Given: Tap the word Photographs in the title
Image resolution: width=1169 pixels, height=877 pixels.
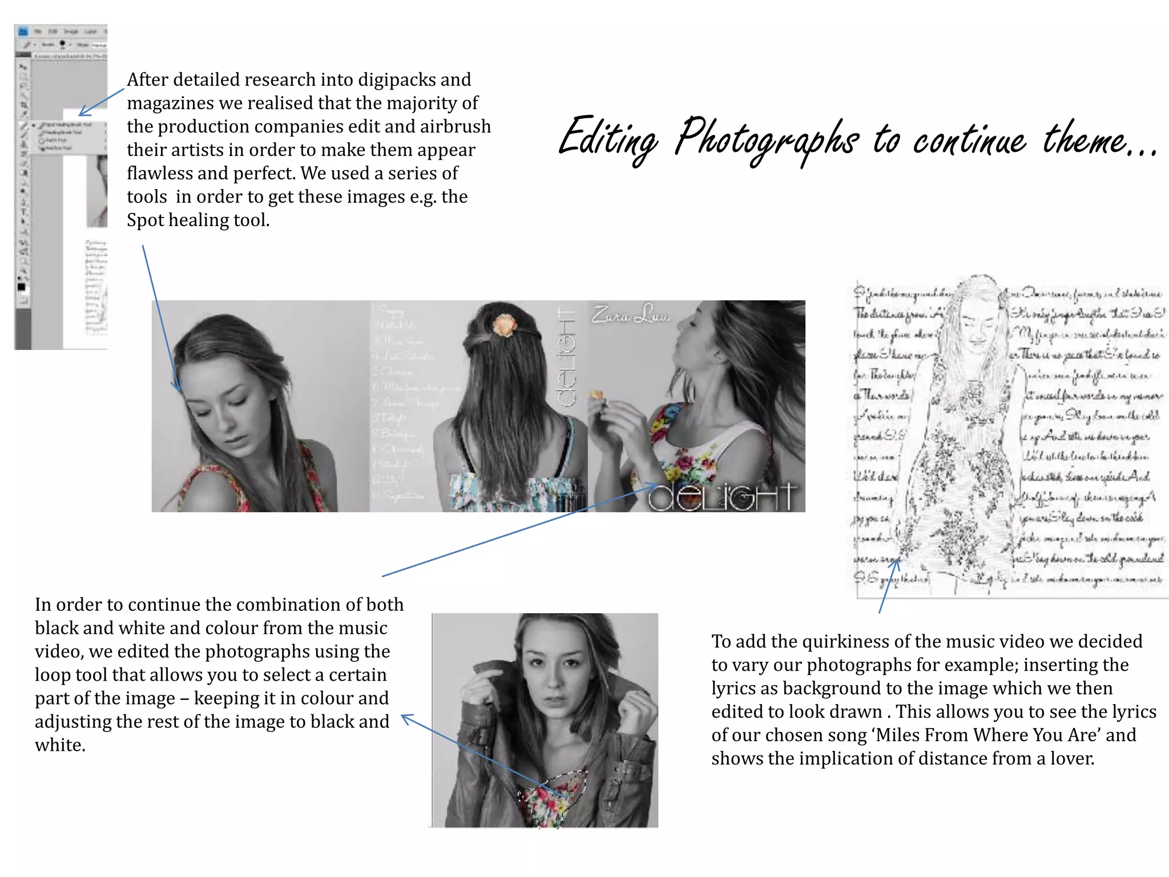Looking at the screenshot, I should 766,140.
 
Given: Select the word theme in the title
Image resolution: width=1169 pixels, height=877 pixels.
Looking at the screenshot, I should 1083,140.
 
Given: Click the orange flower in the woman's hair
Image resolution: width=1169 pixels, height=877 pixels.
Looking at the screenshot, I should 505,324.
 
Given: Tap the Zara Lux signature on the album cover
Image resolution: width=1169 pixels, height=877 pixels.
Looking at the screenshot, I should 630,315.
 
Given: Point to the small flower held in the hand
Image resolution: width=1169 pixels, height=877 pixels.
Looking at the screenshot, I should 597,395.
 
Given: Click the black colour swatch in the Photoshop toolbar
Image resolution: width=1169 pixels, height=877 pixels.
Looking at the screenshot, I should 21,287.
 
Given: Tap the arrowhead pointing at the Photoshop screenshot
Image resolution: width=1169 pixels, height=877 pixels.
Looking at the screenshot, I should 83,111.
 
